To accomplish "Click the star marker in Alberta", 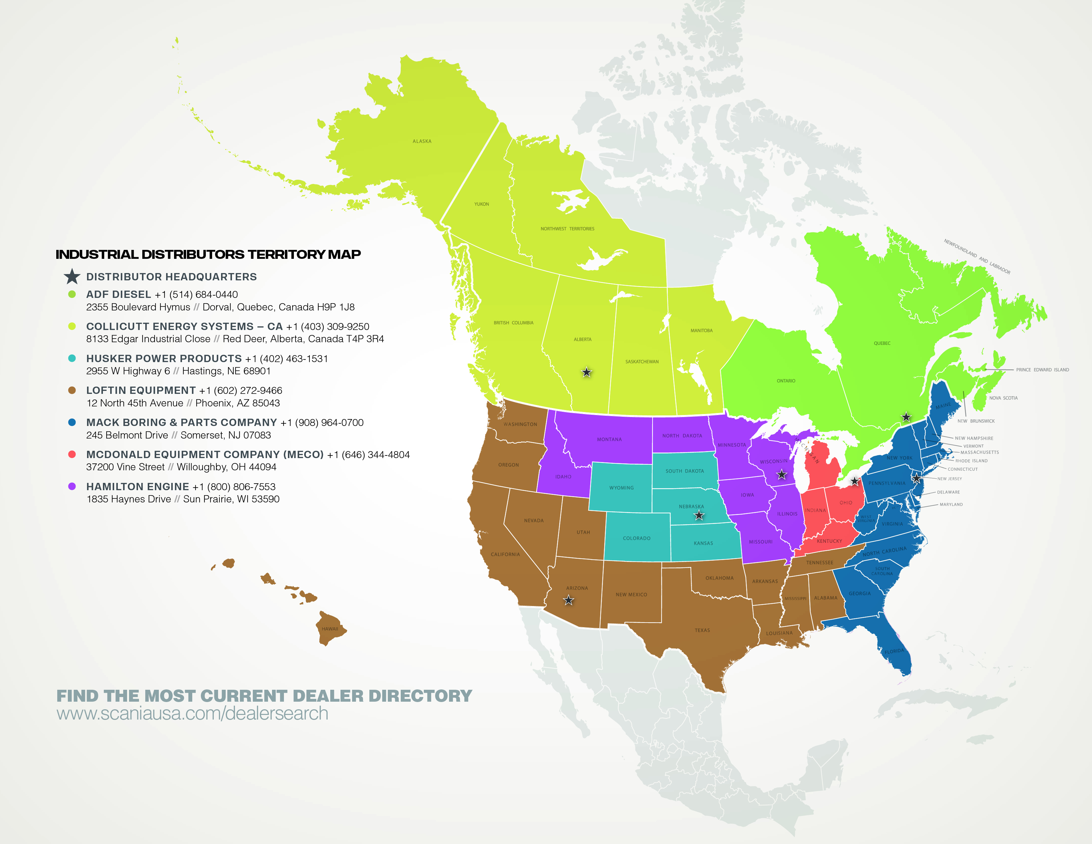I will pos(586,372).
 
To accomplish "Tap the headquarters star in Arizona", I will pos(569,600).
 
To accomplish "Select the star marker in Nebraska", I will pos(699,515).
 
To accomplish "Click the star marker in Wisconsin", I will pos(782,475).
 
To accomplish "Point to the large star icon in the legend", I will pos(72,276).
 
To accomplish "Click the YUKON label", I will pos(481,204).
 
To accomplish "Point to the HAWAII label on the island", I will pos(330,629).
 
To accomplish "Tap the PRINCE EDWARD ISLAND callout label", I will pos(1042,370).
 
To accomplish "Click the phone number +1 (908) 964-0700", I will pos(322,423).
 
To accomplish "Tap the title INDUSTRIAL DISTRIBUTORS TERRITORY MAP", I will pos(208,255).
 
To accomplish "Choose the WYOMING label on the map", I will pos(621,488).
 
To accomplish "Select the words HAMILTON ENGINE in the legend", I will pos(138,487).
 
